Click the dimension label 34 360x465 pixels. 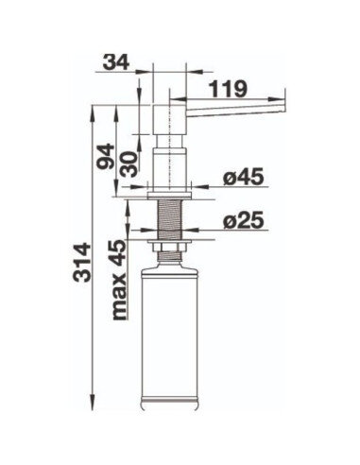tap(116, 62)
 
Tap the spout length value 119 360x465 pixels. tap(229, 89)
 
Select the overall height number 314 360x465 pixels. tap(82, 262)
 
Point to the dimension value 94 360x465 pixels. tap(105, 157)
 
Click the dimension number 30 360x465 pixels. tap(129, 164)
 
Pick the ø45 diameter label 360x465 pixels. tap(243, 177)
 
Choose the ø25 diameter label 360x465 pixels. tap(243, 221)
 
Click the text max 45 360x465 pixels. tap(119, 280)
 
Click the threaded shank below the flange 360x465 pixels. tap(169, 219)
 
